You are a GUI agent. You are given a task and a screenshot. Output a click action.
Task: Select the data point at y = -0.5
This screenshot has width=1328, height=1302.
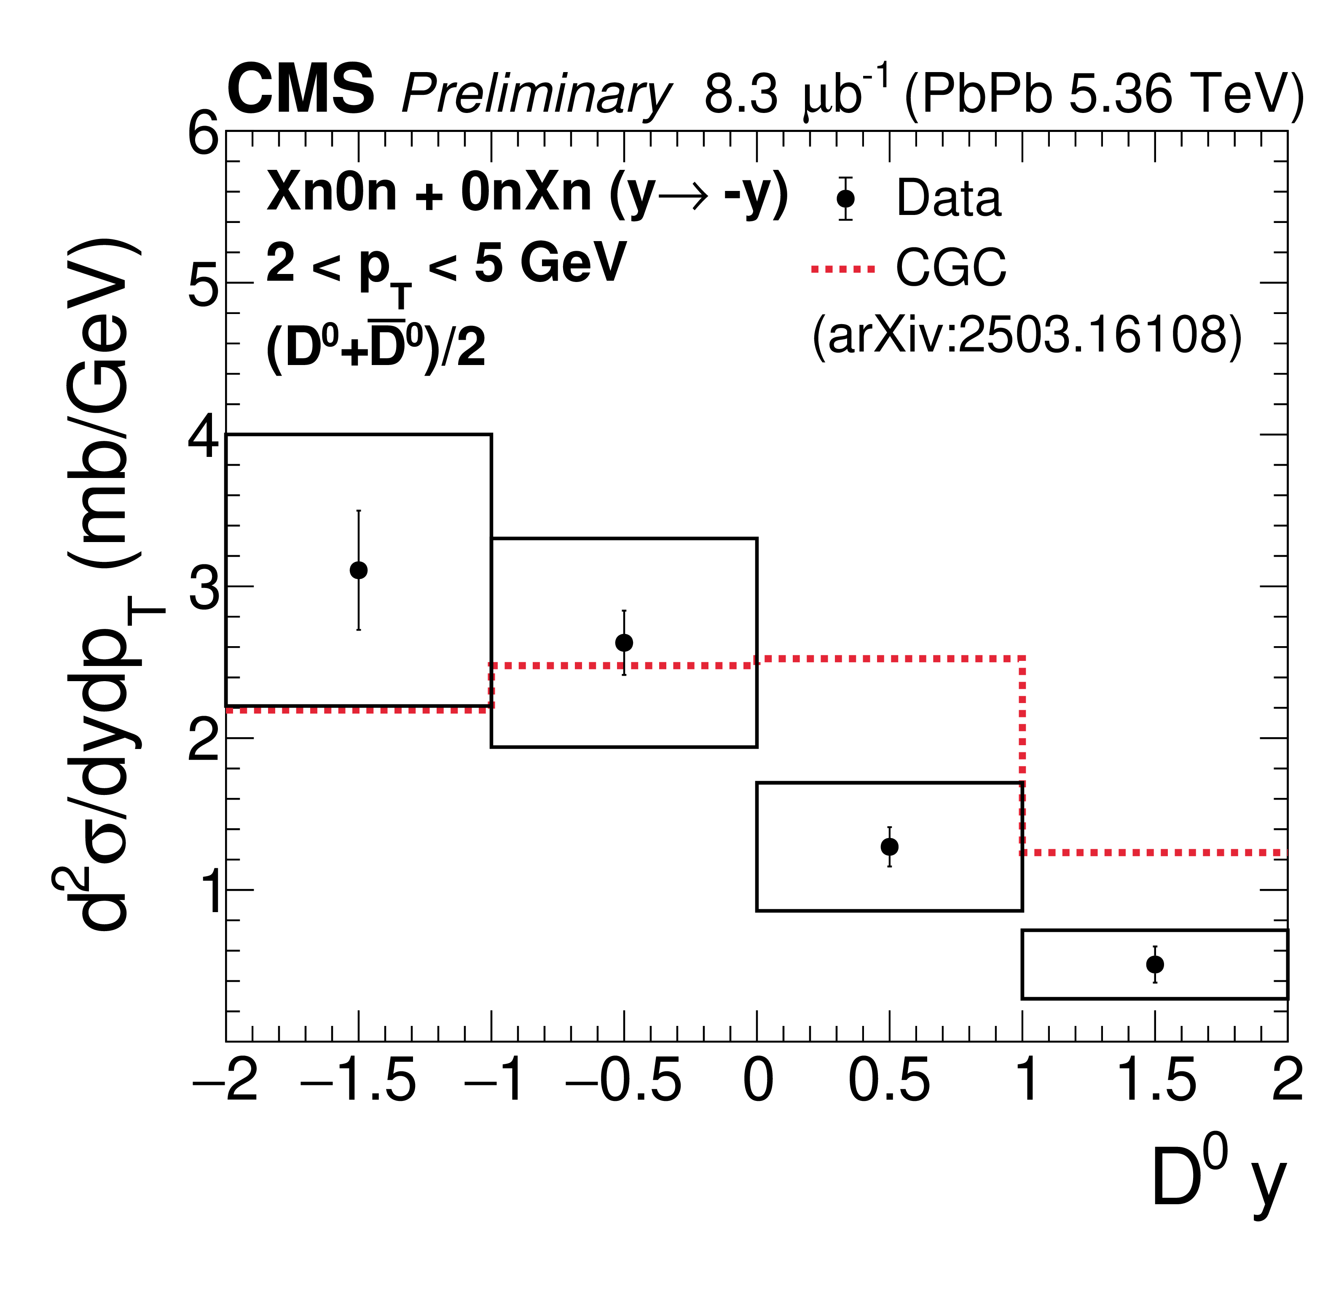tap(624, 643)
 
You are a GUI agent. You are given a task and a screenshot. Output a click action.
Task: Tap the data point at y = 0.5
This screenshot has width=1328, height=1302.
tap(889, 846)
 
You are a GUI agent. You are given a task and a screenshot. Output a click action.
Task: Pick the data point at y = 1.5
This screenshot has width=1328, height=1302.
tap(1155, 964)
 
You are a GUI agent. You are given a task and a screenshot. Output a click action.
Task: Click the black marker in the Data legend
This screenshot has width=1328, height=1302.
tap(846, 198)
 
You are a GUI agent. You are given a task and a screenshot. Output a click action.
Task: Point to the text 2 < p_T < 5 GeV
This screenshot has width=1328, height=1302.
tap(445, 267)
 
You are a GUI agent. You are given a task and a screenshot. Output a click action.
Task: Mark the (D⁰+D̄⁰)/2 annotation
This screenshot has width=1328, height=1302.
tap(376, 345)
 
